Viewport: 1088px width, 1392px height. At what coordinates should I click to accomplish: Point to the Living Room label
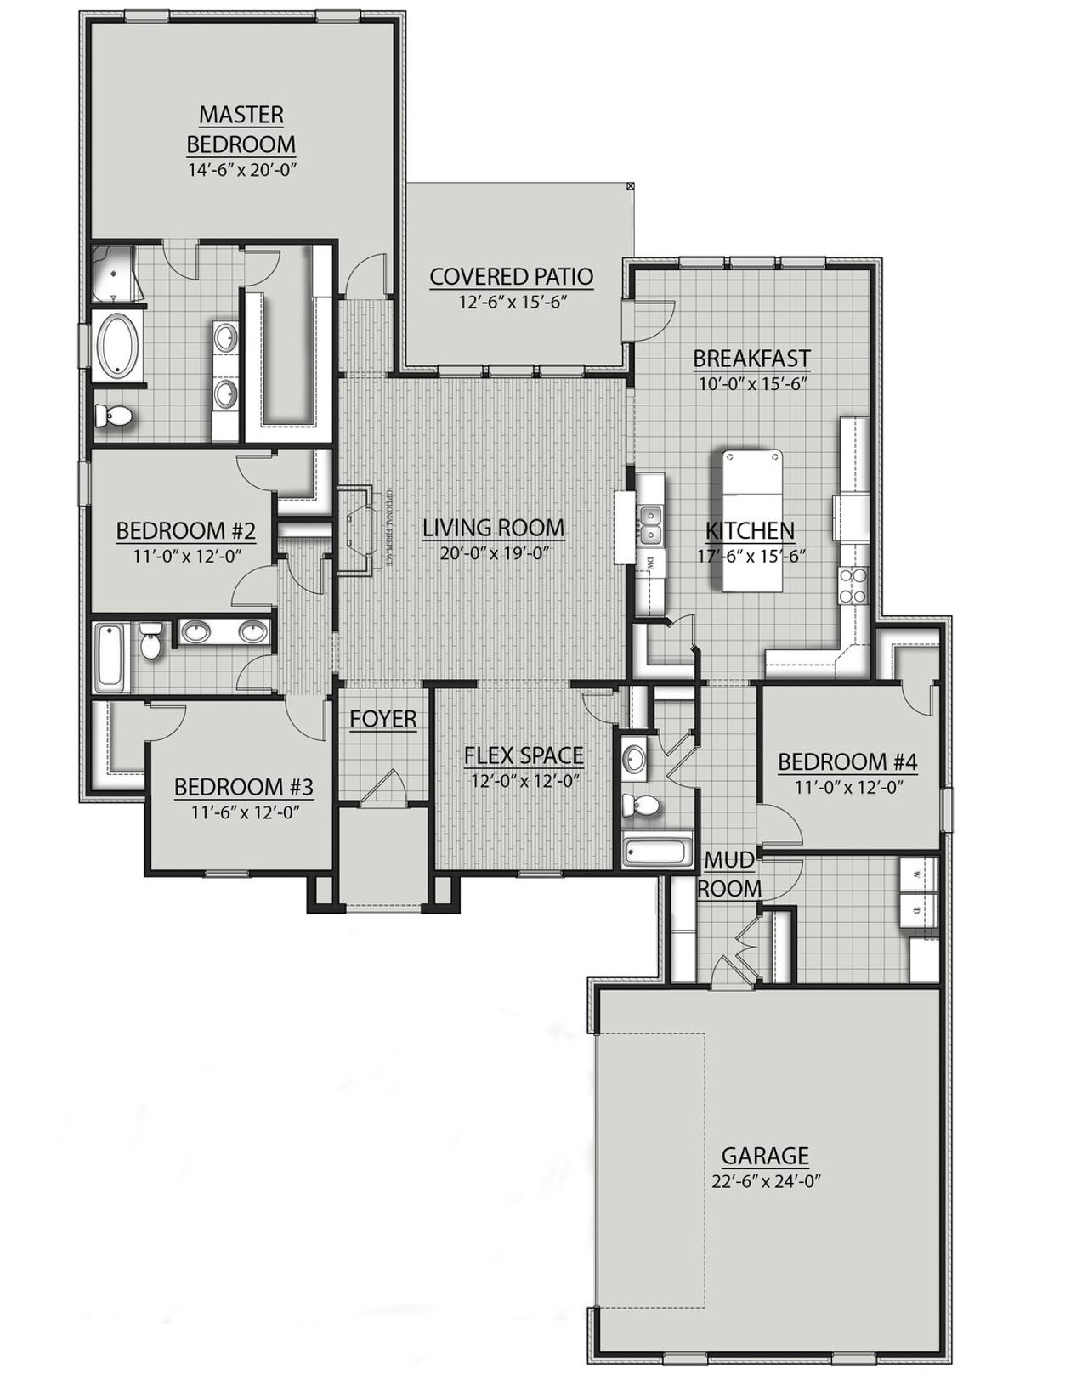pyautogui.click(x=493, y=528)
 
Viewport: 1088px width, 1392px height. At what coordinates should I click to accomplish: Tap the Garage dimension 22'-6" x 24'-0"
pyautogui.click(x=765, y=1180)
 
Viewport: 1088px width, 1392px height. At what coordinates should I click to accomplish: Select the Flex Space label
pyautogui.click(x=524, y=755)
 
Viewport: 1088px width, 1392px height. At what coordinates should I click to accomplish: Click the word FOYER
pyautogui.click(x=383, y=719)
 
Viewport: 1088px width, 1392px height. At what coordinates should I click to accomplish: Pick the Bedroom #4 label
pyautogui.click(x=847, y=761)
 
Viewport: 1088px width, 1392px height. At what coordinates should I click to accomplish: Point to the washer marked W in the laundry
pyautogui.click(x=918, y=874)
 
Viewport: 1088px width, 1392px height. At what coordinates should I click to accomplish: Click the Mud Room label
pyautogui.click(x=729, y=874)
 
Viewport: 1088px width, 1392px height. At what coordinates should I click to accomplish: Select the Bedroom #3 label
pyautogui.click(x=244, y=787)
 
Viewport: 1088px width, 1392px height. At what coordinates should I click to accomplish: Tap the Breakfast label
pyautogui.click(x=751, y=359)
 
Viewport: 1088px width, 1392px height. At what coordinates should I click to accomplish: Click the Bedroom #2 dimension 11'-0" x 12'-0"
pyautogui.click(x=186, y=556)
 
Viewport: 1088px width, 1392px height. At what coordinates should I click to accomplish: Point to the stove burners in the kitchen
pyautogui.click(x=853, y=586)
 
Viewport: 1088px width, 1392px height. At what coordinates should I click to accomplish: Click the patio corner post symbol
pyautogui.click(x=630, y=184)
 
